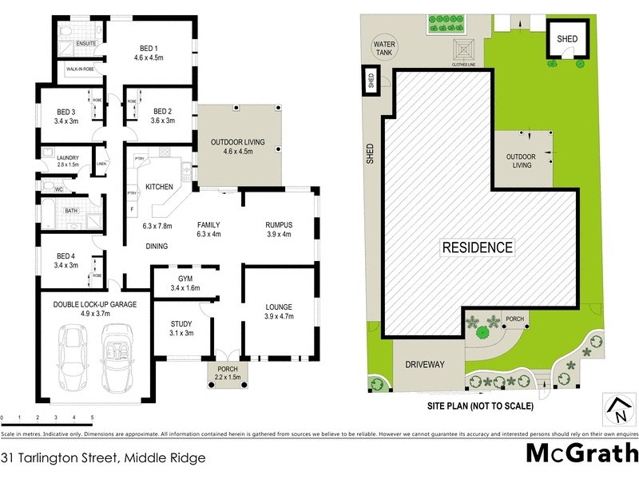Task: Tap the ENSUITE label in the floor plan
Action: pos(86,43)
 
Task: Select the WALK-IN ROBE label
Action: pos(83,70)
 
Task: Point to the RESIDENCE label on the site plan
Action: pos(478,247)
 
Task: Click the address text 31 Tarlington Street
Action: pos(104,458)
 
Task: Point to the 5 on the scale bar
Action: pos(92,418)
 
